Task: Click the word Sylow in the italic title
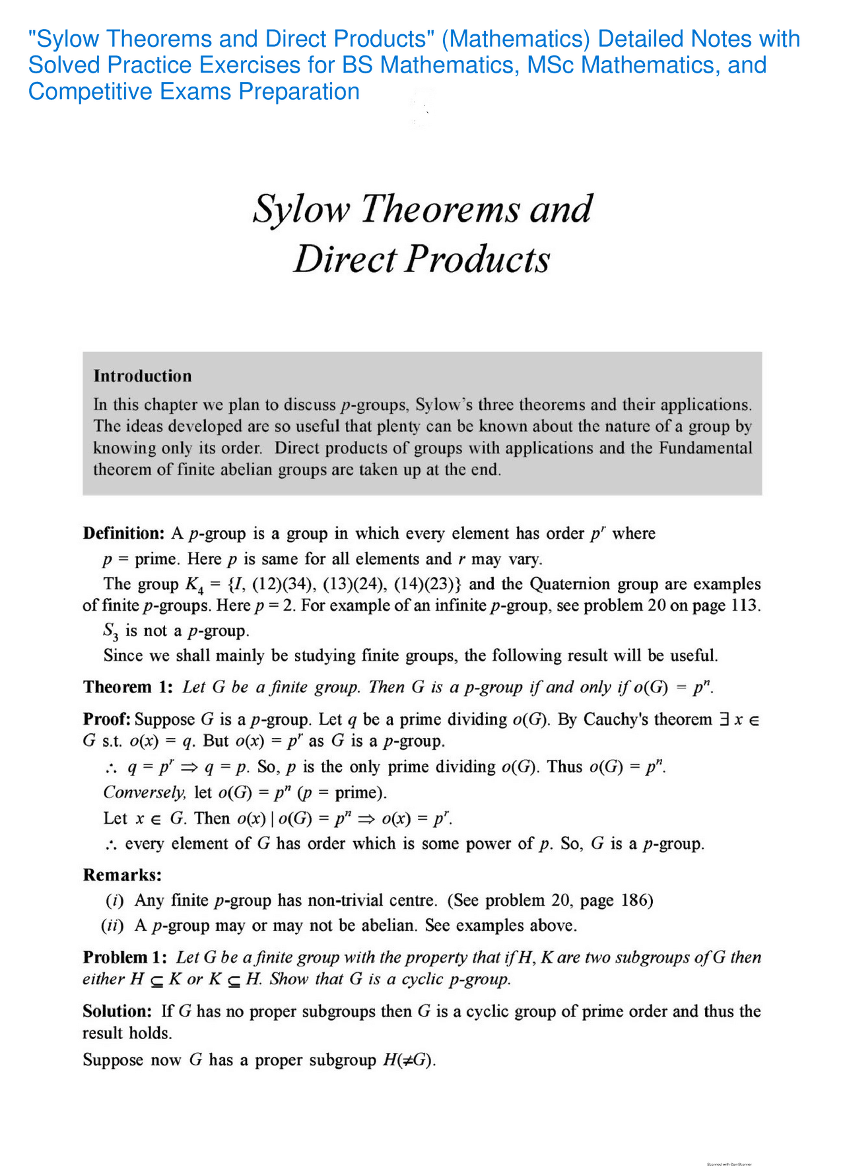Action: point(301,209)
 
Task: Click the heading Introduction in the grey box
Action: point(143,376)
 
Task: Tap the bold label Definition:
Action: point(123,533)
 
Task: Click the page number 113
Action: point(745,606)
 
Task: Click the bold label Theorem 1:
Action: point(128,687)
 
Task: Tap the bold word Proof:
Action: point(106,719)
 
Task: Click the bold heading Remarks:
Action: point(122,875)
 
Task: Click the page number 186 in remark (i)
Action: point(637,900)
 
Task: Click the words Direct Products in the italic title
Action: point(421,259)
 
